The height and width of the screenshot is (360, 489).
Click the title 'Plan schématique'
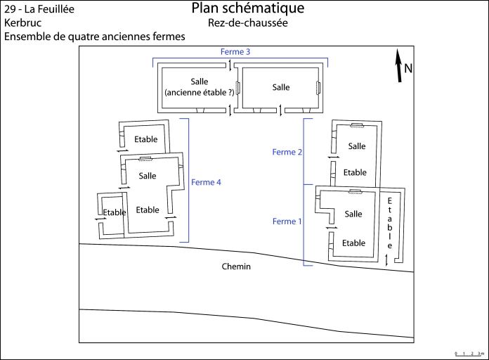tap(247, 8)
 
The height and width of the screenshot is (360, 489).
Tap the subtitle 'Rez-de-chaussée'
tap(248, 23)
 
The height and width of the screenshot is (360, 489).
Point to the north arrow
tap(399, 66)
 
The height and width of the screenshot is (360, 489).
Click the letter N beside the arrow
tap(408, 68)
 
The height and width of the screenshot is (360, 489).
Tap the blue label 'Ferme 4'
tap(206, 182)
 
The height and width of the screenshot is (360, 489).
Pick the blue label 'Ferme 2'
tap(287, 152)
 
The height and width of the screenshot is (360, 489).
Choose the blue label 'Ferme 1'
tap(287, 221)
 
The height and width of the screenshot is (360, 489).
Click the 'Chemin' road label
tap(236, 266)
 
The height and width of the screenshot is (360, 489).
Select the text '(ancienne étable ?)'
tap(199, 92)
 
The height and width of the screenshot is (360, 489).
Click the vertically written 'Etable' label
tap(390, 223)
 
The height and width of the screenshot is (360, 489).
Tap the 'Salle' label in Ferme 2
tap(357, 146)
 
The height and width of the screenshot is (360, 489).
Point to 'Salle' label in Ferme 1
tap(354, 214)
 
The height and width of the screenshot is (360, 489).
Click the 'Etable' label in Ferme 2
tap(355, 172)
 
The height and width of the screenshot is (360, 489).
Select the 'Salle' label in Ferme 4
tap(148, 176)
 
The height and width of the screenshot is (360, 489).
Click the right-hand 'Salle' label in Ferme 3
tap(281, 87)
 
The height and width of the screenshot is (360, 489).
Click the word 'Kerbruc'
tap(22, 22)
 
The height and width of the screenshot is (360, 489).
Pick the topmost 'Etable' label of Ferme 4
tap(146, 139)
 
